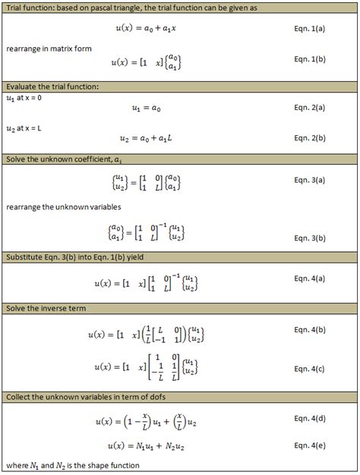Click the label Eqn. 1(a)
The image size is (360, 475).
click(309, 32)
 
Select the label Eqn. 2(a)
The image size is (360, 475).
click(309, 108)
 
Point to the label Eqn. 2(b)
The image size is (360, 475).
click(309, 138)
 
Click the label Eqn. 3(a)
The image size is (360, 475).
click(309, 181)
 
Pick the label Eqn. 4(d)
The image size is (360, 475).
click(309, 418)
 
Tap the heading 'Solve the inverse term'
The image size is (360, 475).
click(47, 310)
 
